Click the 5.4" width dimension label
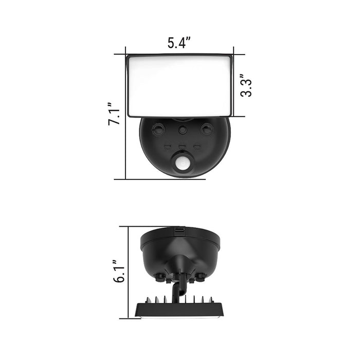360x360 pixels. [x=179, y=43]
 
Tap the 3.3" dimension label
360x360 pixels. [x=246, y=85]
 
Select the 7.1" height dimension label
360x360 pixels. [x=114, y=114]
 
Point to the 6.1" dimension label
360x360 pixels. [x=119, y=272]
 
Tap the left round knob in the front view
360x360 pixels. [x=158, y=130]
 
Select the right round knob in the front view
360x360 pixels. [x=207, y=130]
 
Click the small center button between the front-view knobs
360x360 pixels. [x=183, y=131]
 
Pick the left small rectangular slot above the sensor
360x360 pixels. [x=168, y=146]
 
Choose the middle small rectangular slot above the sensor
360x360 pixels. [x=182, y=146]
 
